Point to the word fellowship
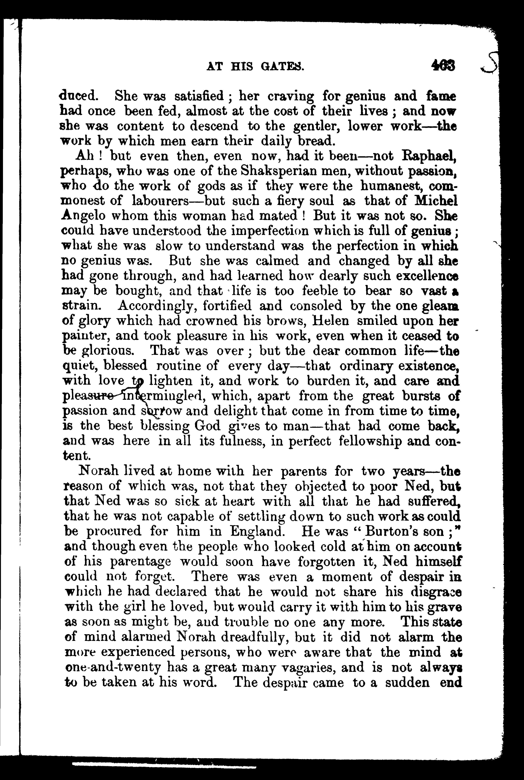388,441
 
